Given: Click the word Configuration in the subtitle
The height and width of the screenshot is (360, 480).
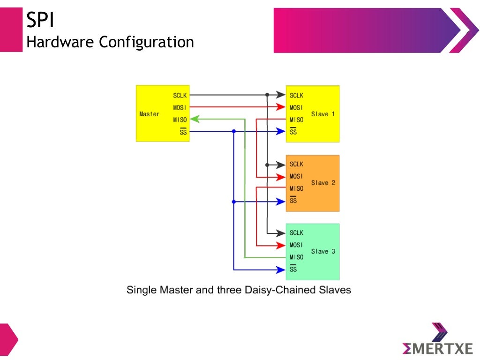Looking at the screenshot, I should pyautogui.click(x=146, y=42).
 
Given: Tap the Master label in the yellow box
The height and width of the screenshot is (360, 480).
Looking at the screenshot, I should pyautogui.click(x=149, y=114).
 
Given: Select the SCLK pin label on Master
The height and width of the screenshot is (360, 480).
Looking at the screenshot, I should pyautogui.click(x=180, y=96).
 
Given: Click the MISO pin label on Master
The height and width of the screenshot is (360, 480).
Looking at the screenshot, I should pyautogui.click(x=180, y=120).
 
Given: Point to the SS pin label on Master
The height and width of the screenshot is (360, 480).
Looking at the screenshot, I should pyautogui.click(x=183, y=132).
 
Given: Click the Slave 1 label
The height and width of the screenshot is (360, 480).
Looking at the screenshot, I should pyautogui.click(x=323, y=114).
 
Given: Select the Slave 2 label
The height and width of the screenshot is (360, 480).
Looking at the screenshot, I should pyautogui.click(x=323, y=182).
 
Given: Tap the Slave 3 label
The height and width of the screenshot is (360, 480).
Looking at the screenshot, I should pyautogui.click(x=323, y=251).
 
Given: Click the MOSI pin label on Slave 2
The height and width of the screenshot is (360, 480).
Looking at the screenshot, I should pyautogui.click(x=296, y=176).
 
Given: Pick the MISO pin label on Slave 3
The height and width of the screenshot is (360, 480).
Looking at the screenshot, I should pyautogui.click(x=296, y=257).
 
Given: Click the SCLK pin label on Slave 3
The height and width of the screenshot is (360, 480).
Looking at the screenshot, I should pyautogui.click(x=296, y=232).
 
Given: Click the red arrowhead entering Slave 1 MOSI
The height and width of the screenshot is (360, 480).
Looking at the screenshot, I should pyautogui.click(x=282, y=107).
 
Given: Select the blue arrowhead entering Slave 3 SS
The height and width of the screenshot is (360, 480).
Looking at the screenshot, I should pyautogui.click(x=282, y=270).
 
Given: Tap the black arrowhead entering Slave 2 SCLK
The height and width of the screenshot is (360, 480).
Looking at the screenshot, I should pyautogui.click(x=282, y=165).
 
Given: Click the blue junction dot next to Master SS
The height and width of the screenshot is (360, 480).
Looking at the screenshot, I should pyautogui.click(x=233, y=132).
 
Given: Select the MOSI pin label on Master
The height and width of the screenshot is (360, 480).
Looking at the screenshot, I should pyautogui.click(x=180, y=108).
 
